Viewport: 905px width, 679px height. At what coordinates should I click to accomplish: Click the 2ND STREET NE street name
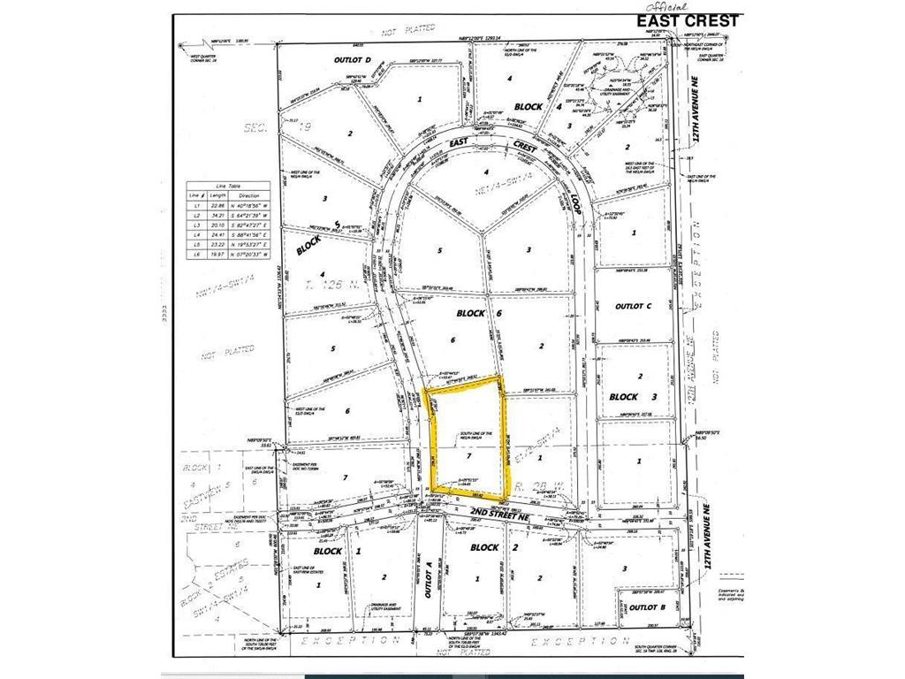[x=499, y=512]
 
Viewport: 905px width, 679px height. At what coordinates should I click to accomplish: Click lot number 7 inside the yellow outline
[x=469, y=459]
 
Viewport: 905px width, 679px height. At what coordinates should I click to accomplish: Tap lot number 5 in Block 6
[x=439, y=250]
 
